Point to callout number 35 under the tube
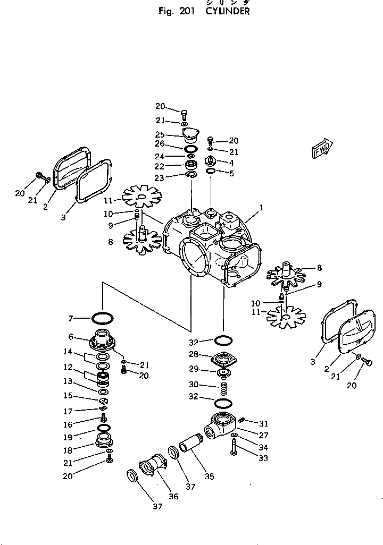click(210, 476)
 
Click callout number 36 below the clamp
click(173, 496)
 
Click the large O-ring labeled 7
click(102, 318)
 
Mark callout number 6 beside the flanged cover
click(71, 337)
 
